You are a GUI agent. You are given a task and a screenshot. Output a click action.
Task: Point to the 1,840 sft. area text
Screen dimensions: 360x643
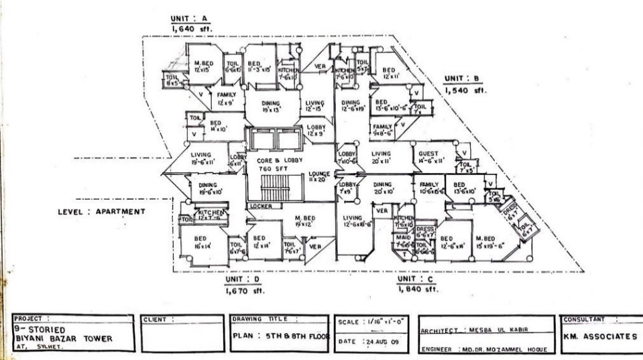416,290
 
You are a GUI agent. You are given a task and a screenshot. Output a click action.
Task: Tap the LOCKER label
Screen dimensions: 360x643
261,206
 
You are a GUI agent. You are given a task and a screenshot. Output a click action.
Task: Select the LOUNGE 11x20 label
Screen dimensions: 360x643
318,177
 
